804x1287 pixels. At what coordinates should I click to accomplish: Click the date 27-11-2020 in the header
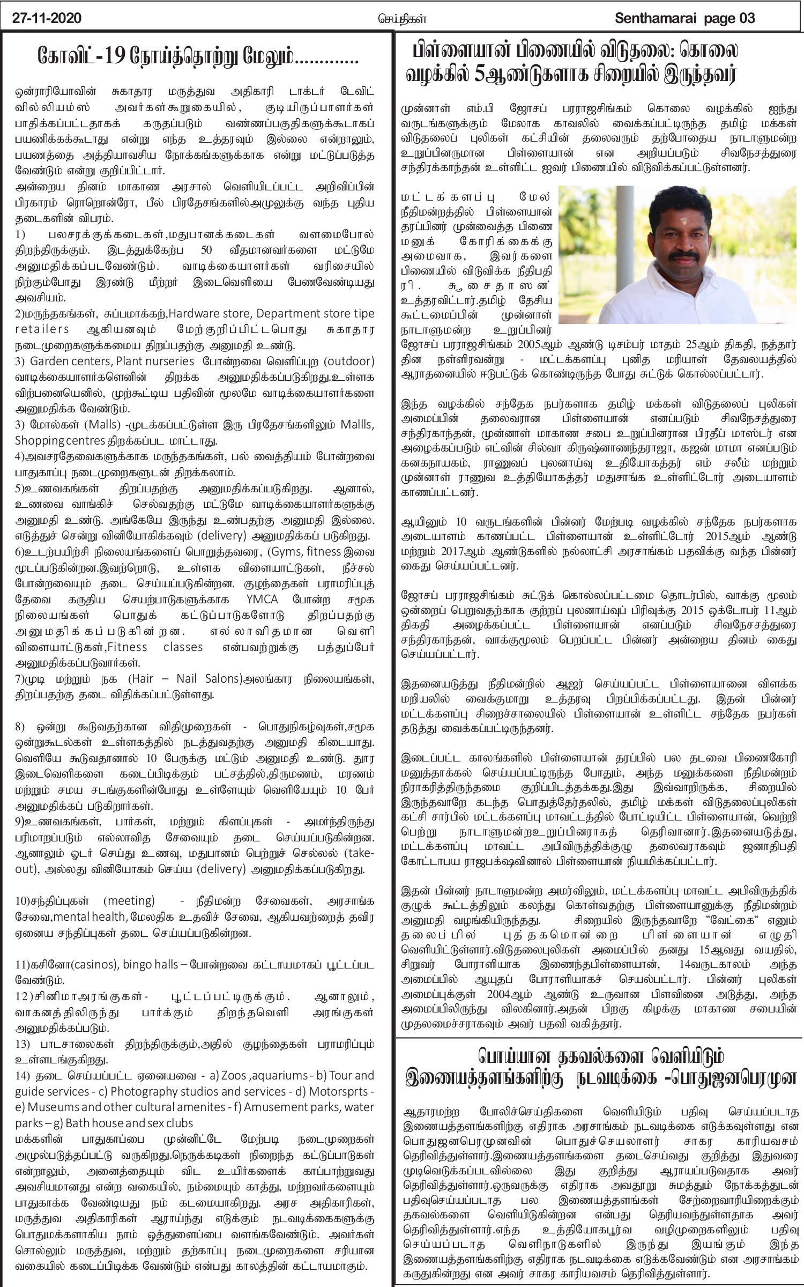coord(48,19)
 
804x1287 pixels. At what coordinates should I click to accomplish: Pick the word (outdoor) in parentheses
coord(348,359)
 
